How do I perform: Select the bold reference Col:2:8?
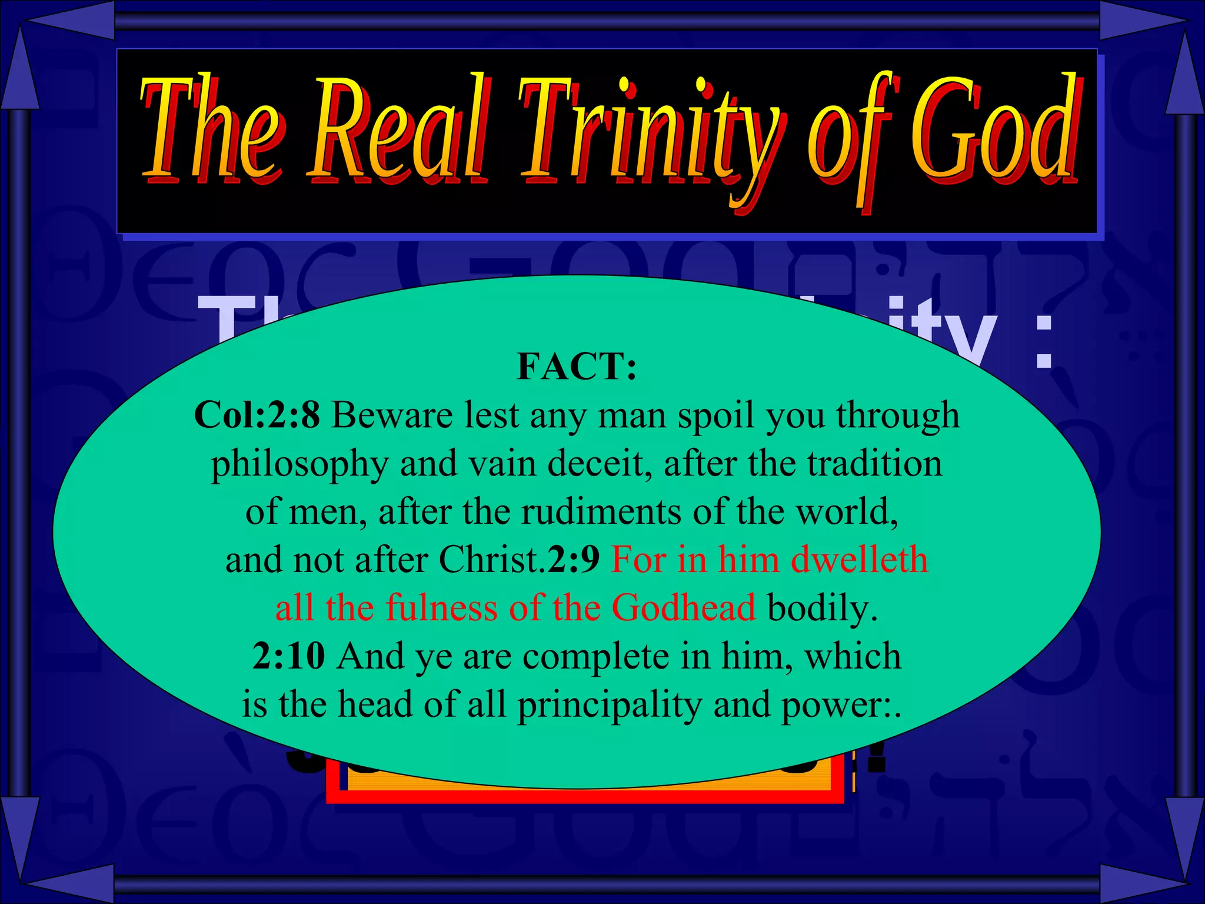pyautogui.click(x=257, y=416)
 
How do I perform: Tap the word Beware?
pyautogui.click(x=392, y=416)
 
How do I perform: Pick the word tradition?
pyautogui.click(x=874, y=464)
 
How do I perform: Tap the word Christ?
pyautogui.click(x=490, y=560)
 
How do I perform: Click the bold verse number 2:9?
pyautogui.click(x=573, y=560)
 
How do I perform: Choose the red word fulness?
pyautogui.click(x=441, y=608)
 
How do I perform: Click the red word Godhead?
pyautogui.click(x=683, y=608)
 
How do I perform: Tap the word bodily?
pyautogui.click(x=822, y=608)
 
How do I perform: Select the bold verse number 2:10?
pyautogui.click(x=288, y=656)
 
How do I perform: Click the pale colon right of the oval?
pyautogui.click(x=1044, y=341)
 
